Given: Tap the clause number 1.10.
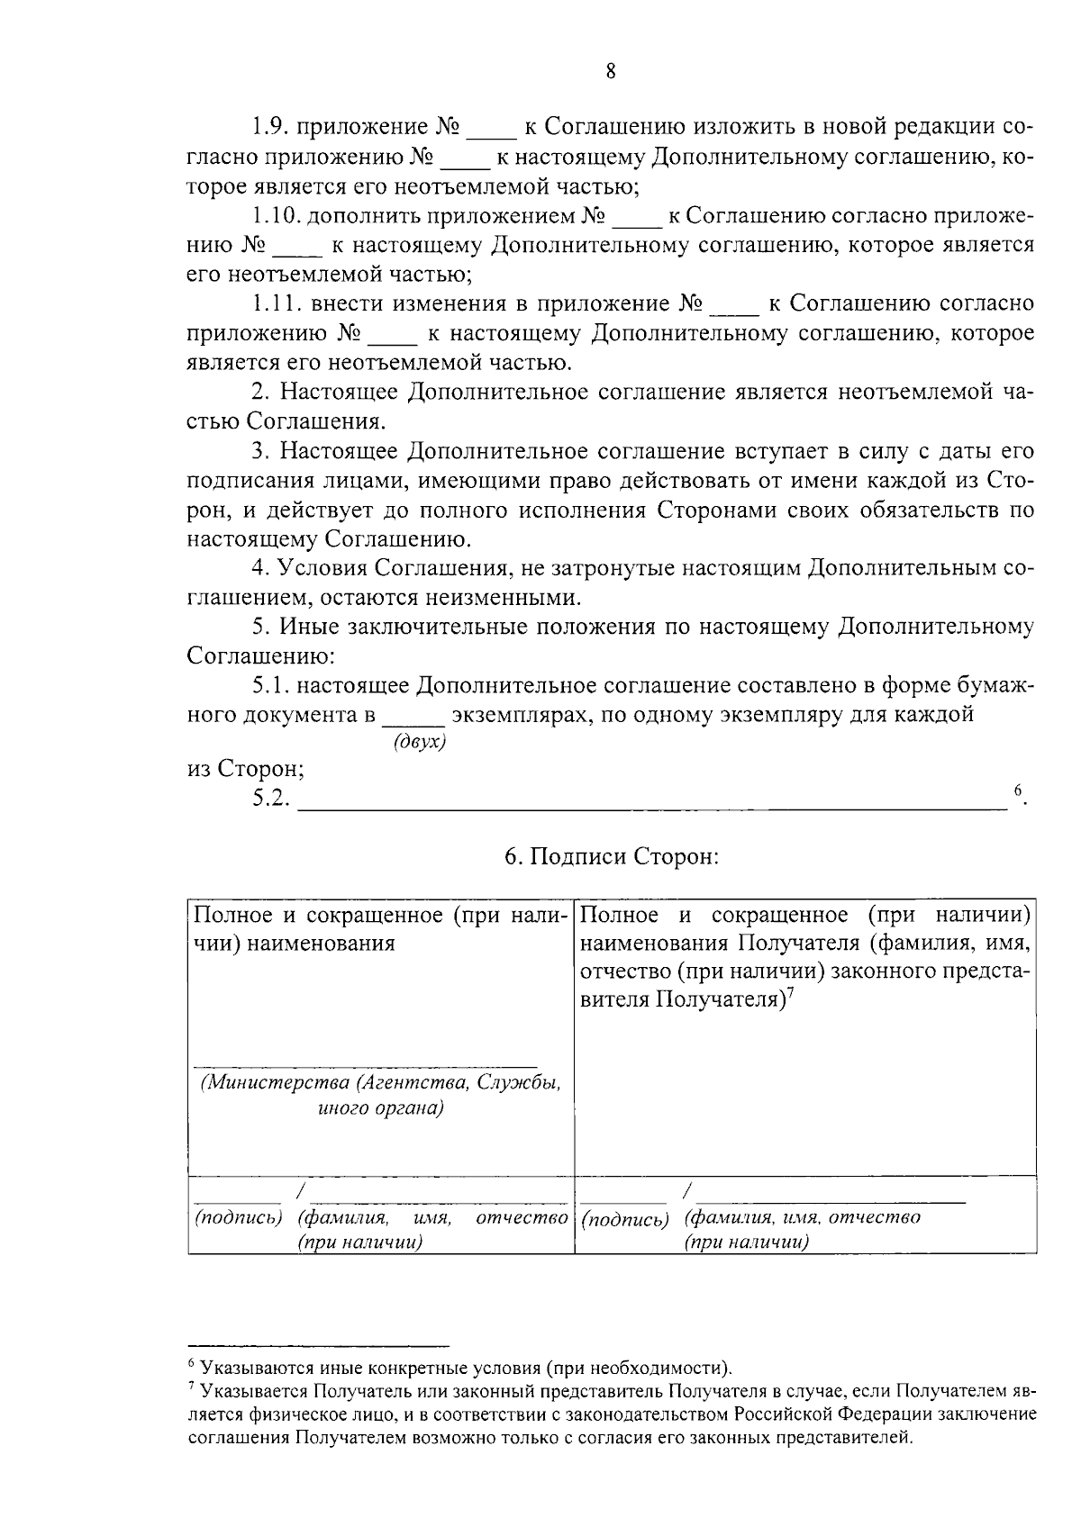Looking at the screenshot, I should pyautogui.click(x=277, y=216).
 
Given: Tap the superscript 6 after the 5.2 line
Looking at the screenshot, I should pyautogui.click(x=1017, y=791).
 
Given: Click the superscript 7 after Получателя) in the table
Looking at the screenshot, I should pyautogui.click(x=788, y=992).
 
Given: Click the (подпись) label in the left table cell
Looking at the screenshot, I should pyautogui.click(x=239, y=1217).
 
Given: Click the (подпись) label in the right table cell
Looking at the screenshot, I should pyautogui.click(x=625, y=1219).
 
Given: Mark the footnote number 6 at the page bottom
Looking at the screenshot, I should pyautogui.click(x=192, y=1366).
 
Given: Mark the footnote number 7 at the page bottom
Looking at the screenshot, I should pyautogui.click(x=192, y=1390).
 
